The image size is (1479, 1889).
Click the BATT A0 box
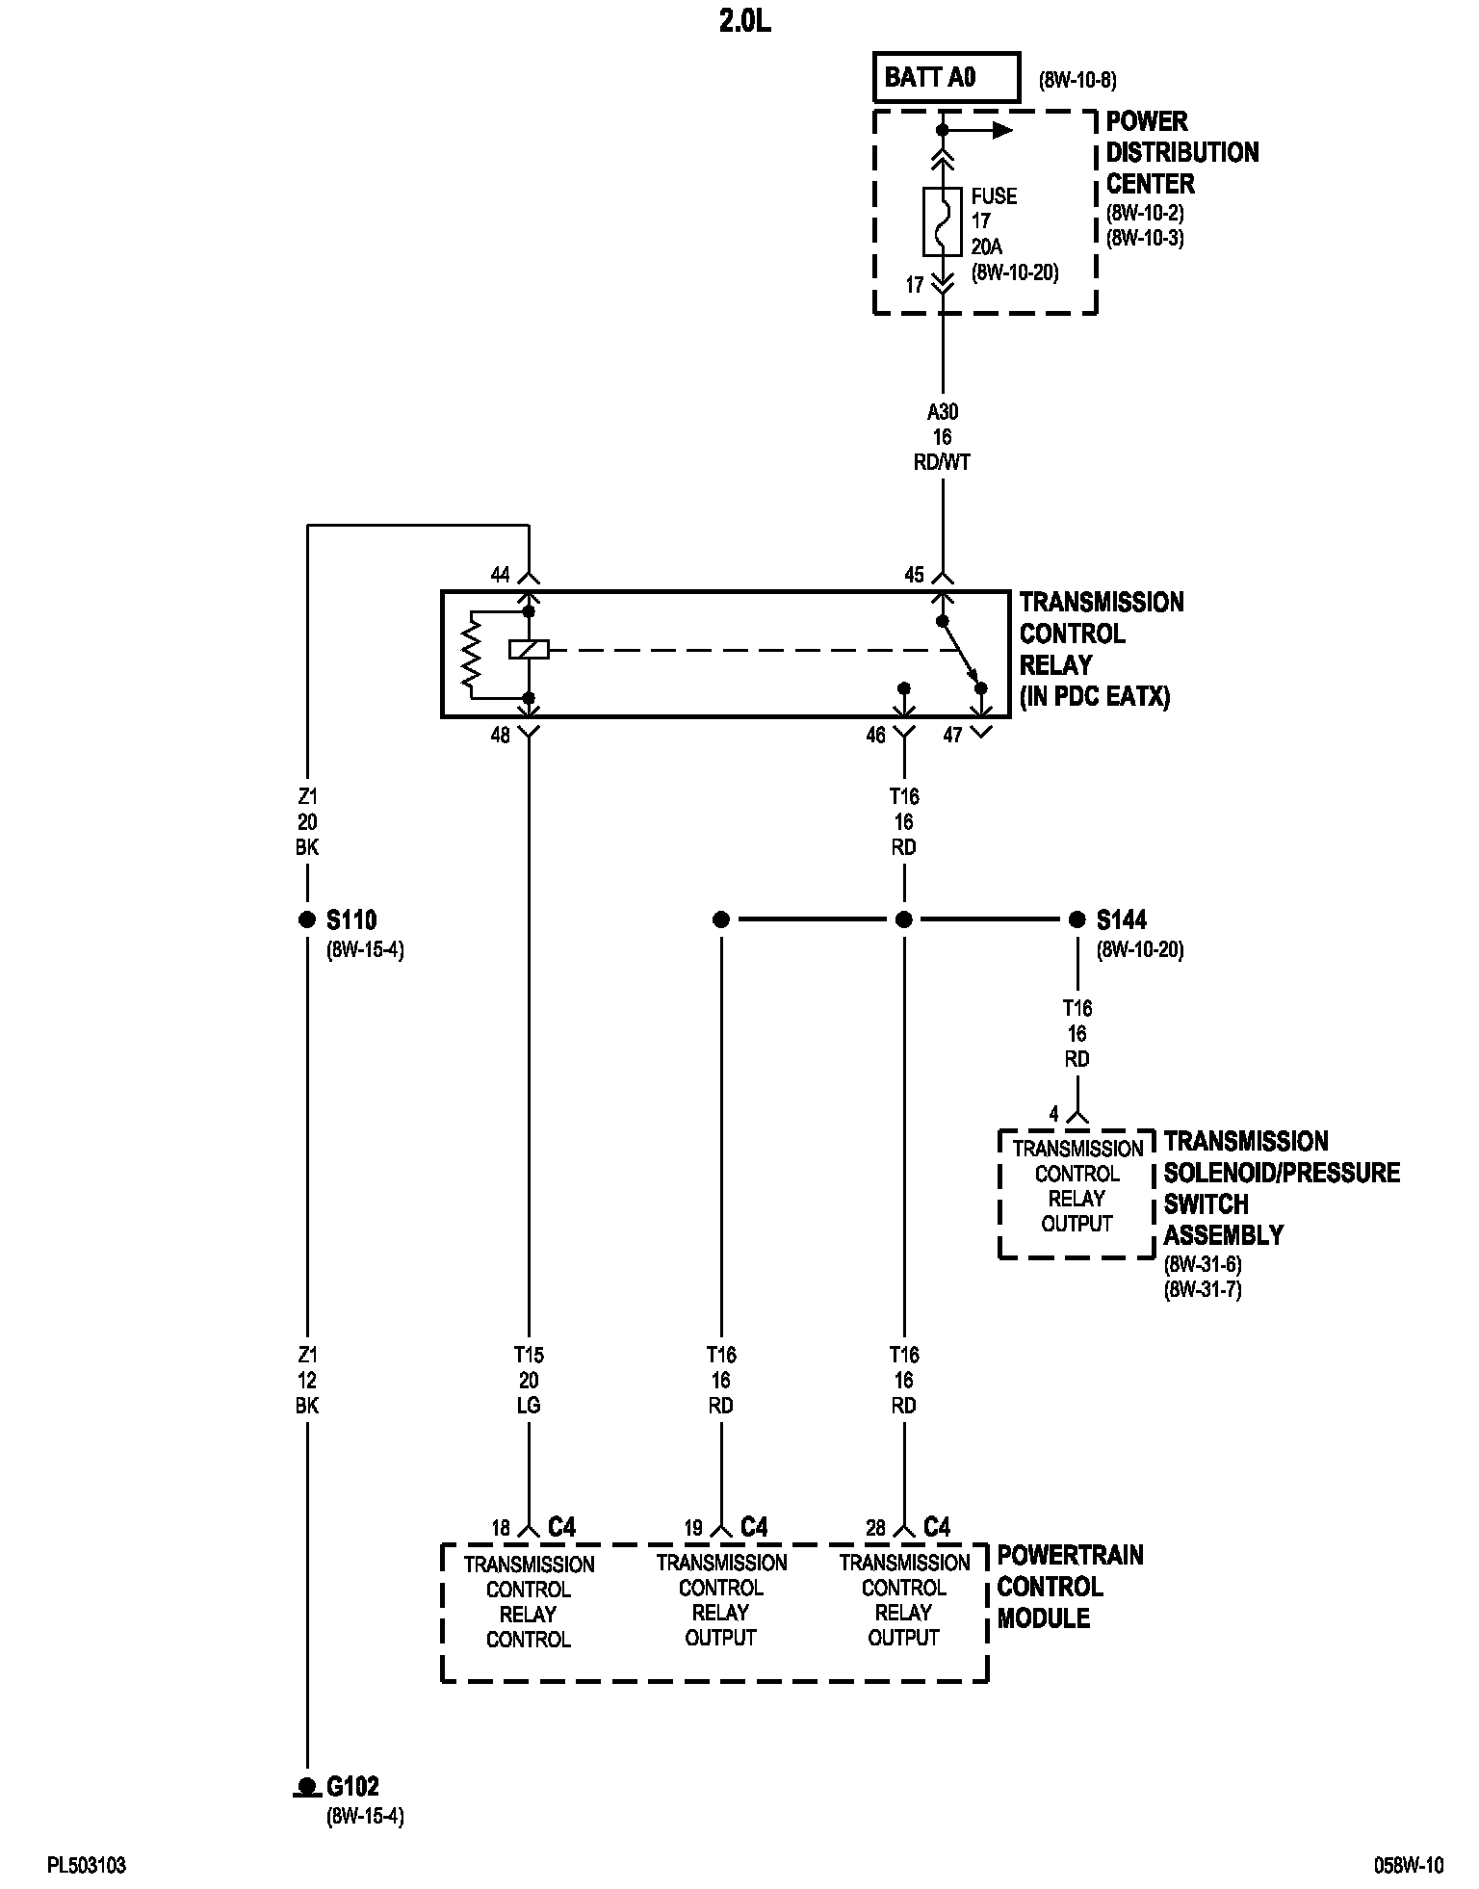(946, 78)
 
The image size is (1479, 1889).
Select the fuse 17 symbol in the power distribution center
(943, 221)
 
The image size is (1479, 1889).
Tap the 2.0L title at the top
(744, 22)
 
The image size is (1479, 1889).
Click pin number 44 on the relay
(500, 575)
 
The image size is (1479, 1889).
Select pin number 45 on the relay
(914, 575)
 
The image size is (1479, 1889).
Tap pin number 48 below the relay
(500, 736)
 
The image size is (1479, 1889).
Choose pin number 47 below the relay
(952, 736)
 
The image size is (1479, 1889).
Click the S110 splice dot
(307, 919)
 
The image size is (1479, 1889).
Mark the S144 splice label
(1122, 920)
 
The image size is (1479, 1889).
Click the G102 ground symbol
(307, 1788)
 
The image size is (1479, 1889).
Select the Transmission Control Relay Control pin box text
(528, 1601)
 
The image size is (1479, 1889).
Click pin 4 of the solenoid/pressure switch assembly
(1054, 1114)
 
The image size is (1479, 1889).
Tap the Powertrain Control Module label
(1070, 1587)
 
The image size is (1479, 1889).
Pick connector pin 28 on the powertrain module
(875, 1528)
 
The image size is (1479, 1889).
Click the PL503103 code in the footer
(87, 1866)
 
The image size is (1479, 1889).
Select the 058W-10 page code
(1409, 1866)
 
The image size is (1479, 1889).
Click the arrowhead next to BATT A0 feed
(1002, 130)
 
